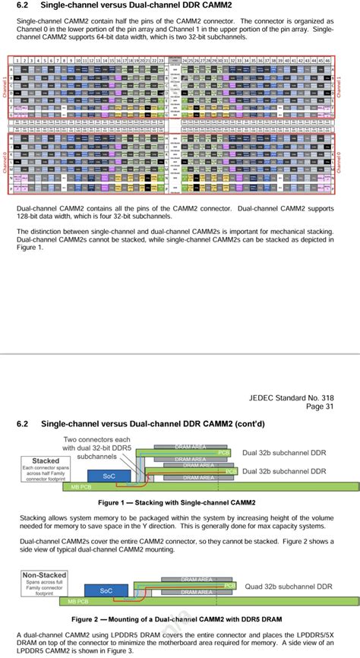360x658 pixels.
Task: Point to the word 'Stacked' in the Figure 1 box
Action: click(46, 460)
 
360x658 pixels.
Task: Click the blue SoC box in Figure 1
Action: click(109, 476)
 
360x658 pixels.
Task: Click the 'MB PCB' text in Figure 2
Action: click(77, 601)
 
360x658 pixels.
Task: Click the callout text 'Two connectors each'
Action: click(96, 439)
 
